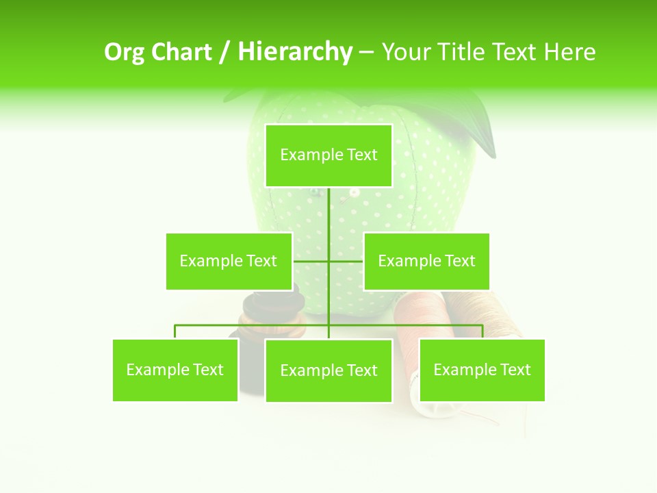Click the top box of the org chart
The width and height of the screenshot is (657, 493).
[328, 155]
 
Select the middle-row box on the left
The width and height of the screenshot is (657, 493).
[229, 261]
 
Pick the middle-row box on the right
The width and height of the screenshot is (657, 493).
[426, 261]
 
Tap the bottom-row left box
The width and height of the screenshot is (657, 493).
[175, 370]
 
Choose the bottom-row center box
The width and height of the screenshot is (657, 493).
[328, 370]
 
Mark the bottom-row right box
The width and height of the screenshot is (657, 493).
[482, 370]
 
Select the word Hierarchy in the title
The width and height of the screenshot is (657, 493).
[295, 52]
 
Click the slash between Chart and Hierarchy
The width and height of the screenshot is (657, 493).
[224, 52]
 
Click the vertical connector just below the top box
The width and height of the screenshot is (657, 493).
[328, 205]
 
